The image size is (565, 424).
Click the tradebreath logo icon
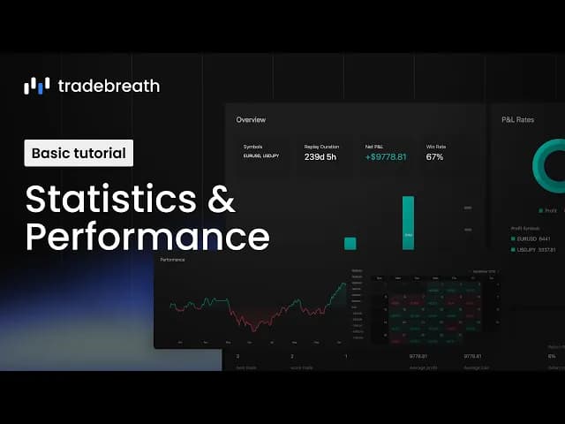(36, 86)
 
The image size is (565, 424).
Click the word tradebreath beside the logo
(109, 86)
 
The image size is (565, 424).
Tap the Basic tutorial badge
(79, 153)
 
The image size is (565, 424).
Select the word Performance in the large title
(147, 237)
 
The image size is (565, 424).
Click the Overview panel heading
(251, 119)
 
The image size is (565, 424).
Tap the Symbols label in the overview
(253, 147)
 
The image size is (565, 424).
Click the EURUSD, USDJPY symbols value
(261, 156)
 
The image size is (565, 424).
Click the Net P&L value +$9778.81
(386, 156)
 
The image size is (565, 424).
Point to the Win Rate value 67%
(435, 156)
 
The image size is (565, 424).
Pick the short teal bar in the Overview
(350, 243)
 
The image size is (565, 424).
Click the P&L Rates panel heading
(519, 119)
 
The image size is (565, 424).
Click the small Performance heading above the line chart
(173, 261)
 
